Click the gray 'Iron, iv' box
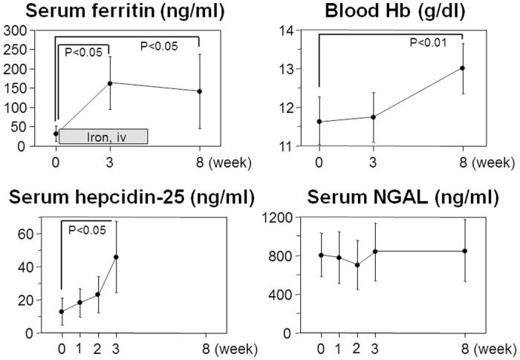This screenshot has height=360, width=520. click(x=103, y=136)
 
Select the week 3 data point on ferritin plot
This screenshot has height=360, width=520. click(x=110, y=83)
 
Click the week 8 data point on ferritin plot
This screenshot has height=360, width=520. click(x=199, y=91)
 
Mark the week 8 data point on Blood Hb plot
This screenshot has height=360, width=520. click(x=463, y=68)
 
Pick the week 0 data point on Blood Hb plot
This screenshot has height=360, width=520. click(x=319, y=122)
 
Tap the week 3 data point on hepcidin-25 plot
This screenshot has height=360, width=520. click(x=116, y=257)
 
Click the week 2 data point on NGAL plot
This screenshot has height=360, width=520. click(x=357, y=265)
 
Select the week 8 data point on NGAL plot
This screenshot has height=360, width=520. click(x=464, y=251)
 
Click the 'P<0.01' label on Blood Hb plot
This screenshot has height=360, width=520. click(x=428, y=42)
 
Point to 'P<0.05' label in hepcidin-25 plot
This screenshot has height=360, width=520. click(x=87, y=229)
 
